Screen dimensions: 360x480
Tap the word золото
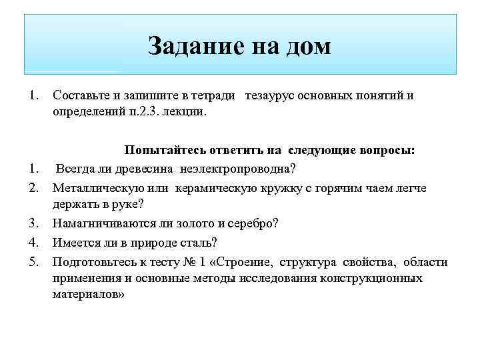tap(198, 223)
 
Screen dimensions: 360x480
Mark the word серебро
tap(256, 223)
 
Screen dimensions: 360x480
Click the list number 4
tap(35, 242)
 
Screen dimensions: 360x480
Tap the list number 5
tap(35, 262)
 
